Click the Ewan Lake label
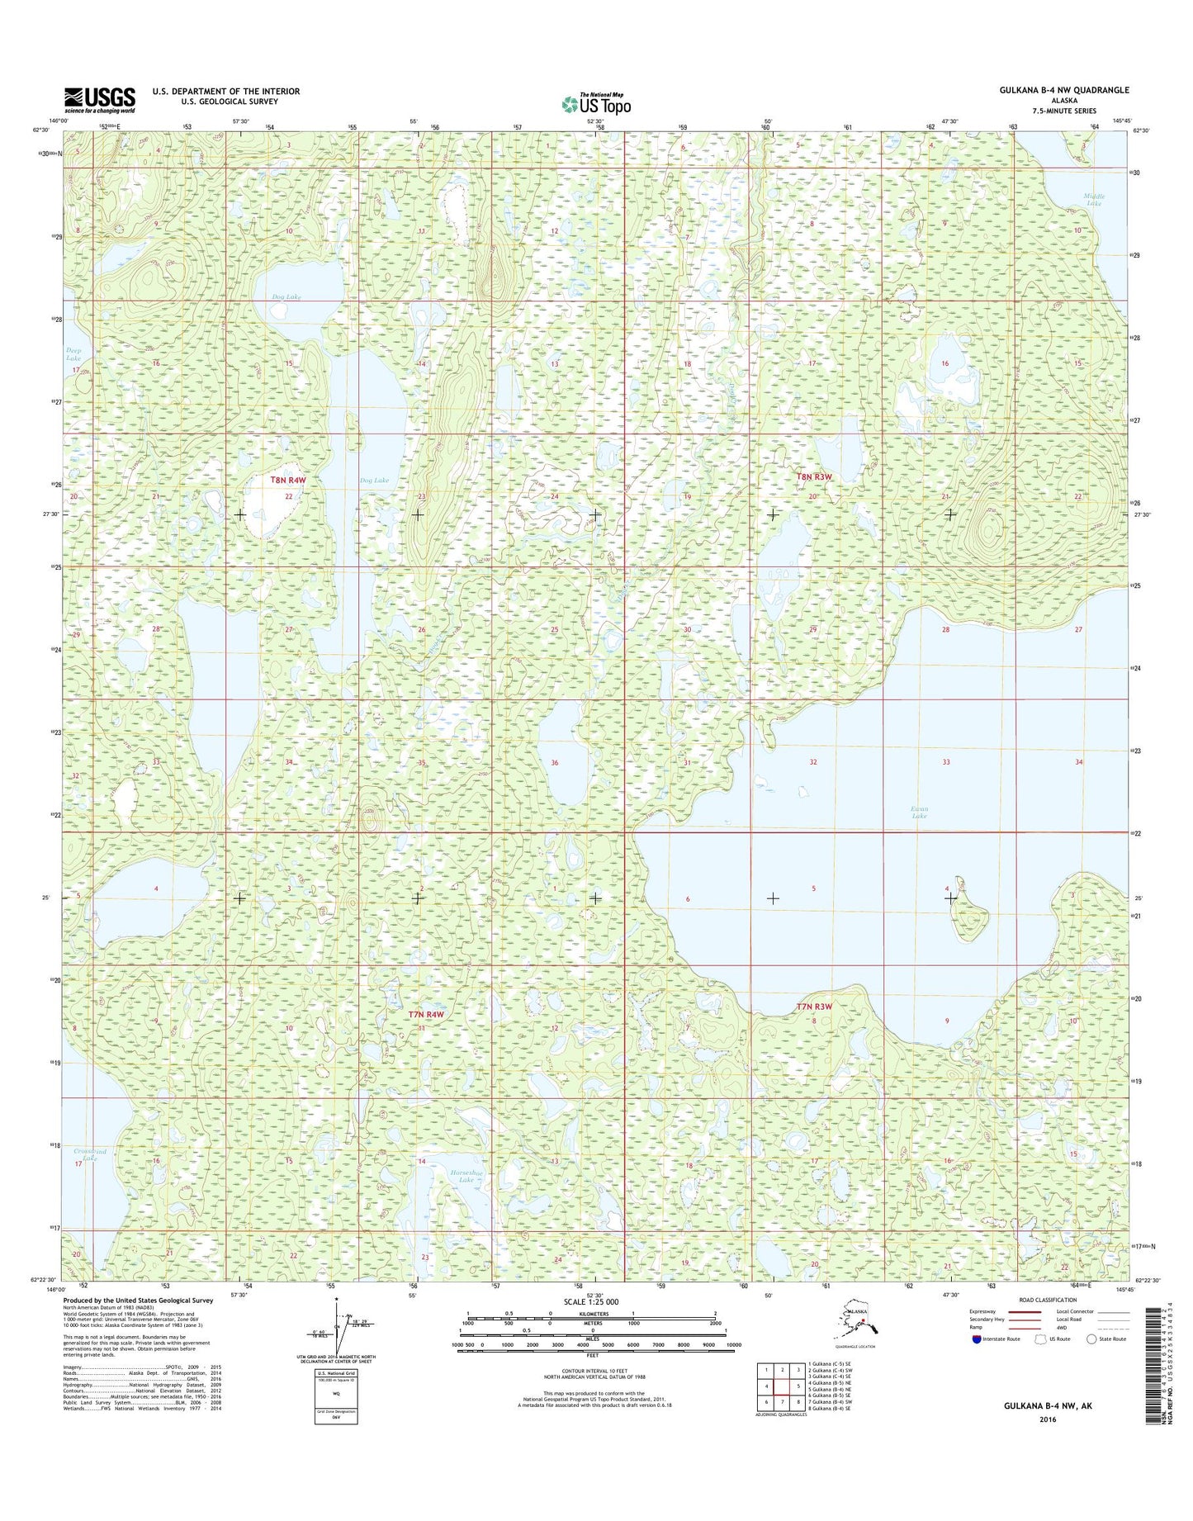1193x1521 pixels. (919, 812)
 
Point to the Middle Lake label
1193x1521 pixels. (1094, 199)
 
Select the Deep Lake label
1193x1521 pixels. (73, 354)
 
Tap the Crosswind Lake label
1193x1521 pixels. (90, 1154)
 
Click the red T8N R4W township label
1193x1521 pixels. (288, 480)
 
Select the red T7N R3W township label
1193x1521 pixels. (814, 1007)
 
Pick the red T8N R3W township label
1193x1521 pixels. (815, 476)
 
